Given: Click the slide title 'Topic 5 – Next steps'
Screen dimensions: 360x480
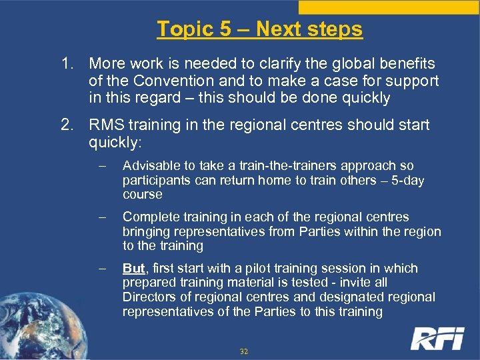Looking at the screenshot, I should coord(260,29).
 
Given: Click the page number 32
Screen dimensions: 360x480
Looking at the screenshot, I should coord(243,351).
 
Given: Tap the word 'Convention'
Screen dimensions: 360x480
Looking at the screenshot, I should coord(172,81).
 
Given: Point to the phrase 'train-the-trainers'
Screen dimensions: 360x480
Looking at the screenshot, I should coord(276,166).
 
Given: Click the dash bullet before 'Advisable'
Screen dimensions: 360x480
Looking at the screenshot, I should coord(102,166).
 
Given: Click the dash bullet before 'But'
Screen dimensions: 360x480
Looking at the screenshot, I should coord(102,269).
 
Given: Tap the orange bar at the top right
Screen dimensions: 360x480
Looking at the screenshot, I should coord(389,7).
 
